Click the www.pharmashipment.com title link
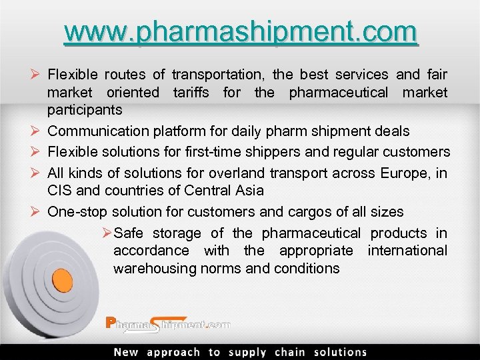(x=241, y=31)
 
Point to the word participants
(x=85, y=109)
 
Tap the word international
(x=407, y=251)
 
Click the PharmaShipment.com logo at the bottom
(x=167, y=325)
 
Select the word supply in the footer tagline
(x=247, y=352)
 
